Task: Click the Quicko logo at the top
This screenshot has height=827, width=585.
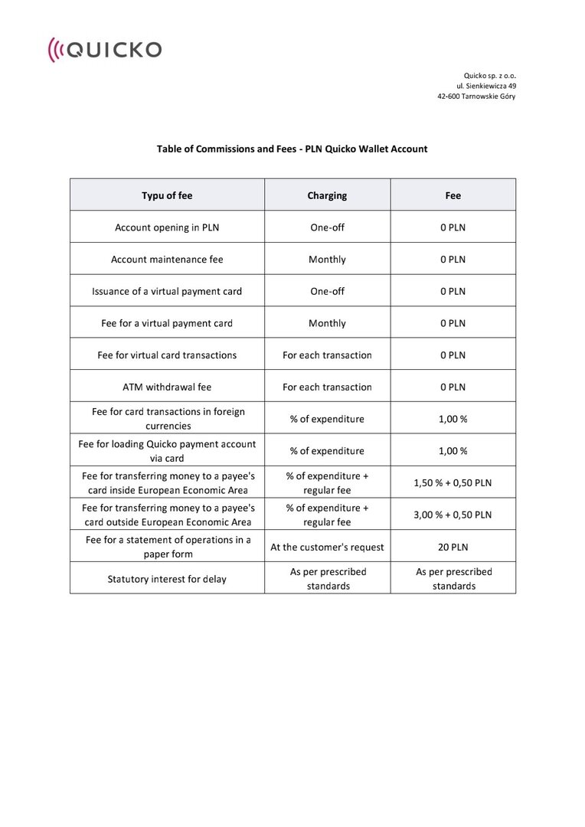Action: coord(105,51)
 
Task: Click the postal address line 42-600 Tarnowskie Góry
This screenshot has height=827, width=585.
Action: coord(476,97)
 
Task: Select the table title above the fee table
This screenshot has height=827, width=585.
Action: coord(292,149)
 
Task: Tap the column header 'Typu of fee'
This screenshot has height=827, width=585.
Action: coord(167,195)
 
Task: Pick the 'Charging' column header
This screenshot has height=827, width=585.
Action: coord(327,195)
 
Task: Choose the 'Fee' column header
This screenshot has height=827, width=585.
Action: coord(453,195)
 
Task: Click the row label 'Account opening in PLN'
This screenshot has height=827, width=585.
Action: coord(167,227)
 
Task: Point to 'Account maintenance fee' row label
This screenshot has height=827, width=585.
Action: coord(167,260)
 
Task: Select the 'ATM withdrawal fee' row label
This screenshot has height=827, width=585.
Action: coord(167,387)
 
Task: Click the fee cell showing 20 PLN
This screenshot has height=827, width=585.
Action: coord(453,547)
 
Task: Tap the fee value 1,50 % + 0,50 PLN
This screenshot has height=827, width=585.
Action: coord(453,483)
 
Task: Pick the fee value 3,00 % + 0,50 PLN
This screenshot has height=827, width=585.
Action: coord(453,515)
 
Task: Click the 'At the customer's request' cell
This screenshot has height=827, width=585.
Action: coord(327,547)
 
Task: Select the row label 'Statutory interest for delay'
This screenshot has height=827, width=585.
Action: coord(167,579)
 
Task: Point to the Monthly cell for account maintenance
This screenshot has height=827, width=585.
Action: coord(327,260)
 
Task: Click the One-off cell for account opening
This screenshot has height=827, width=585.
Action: coord(327,227)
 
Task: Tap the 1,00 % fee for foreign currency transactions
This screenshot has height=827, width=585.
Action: coord(453,419)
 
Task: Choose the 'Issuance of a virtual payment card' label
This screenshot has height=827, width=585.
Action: coord(167,291)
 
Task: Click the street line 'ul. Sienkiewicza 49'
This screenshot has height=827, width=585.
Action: coord(486,87)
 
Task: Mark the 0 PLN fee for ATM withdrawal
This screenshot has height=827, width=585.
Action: coord(453,387)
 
